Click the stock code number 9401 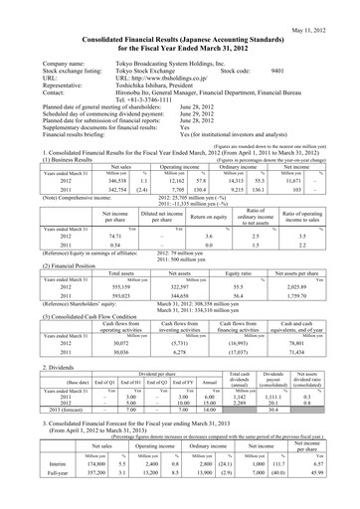tap(277, 72)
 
